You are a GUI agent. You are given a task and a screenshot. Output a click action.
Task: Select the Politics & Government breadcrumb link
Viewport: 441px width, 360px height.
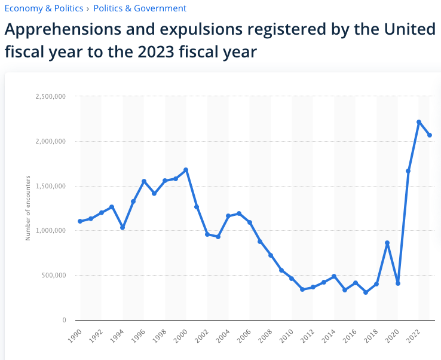tap(140, 8)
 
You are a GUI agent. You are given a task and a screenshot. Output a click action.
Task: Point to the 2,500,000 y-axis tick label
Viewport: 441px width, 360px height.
tap(50, 96)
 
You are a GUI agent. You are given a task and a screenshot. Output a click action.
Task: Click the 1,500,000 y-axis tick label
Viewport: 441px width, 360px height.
tap(50, 186)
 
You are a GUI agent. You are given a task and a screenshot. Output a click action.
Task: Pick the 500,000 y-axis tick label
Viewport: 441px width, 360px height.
tap(53, 276)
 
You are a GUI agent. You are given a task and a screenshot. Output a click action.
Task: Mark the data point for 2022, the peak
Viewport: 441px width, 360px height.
tap(419, 122)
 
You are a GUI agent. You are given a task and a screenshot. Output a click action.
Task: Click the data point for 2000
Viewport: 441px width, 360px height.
tap(186, 170)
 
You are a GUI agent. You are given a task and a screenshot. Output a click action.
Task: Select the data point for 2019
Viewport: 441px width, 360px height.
tap(387, 243)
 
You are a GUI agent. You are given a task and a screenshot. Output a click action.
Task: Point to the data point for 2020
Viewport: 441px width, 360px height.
tap(398, 283)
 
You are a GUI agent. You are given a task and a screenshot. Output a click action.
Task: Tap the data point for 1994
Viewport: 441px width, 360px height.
tap(122, 228)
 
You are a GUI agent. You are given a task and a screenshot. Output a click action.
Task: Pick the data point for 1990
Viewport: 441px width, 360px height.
tap(80, 221)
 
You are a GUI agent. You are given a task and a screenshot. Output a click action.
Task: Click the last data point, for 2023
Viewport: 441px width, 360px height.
tap(430, 135)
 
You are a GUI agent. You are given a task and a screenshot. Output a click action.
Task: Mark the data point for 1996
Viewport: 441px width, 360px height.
tap(143, 181)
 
